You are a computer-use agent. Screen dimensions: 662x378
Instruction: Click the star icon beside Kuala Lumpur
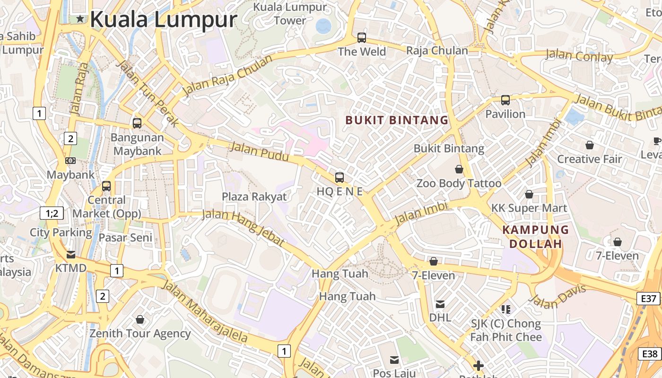pyautogui.click(x=80, y=19)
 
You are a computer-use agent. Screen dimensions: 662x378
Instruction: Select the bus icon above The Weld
pyautogui.click(x=362, y=37)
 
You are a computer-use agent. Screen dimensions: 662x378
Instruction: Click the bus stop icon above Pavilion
pyautogui.click(x=505, y=100)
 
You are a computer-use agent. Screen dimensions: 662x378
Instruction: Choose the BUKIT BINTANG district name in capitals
pyautogui.click(x=397, y=120)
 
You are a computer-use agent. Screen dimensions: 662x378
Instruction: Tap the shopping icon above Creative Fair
pyautogui.click(x=589, y=145)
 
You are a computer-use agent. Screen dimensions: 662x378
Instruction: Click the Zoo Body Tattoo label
pyautogui.click(x=459, y=183)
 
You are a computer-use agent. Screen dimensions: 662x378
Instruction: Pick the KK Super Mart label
pyautogui.click(x=529, y=208)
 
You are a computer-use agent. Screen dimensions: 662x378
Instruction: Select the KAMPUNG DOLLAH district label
pyautogui.click(x=535, y=237)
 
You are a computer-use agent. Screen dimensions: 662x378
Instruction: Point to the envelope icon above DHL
pyautogui.click(x=440, y=304)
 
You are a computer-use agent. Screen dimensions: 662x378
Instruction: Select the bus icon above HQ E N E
pyautogui.click(x=339, y=178)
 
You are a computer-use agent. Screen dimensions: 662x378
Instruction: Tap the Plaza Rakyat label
pyautogui.click(x=254, y=197)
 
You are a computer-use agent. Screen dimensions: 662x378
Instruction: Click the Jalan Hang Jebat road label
pyautogui.click(x=243, y=228)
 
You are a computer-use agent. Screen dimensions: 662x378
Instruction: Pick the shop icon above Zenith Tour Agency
pyautogui.click(x=140, y=320)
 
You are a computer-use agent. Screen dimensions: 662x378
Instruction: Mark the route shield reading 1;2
pyautogui.click(x=52, y=213)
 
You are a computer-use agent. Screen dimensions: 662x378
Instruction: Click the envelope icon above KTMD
pyautogui.click(x=71, y=255)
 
